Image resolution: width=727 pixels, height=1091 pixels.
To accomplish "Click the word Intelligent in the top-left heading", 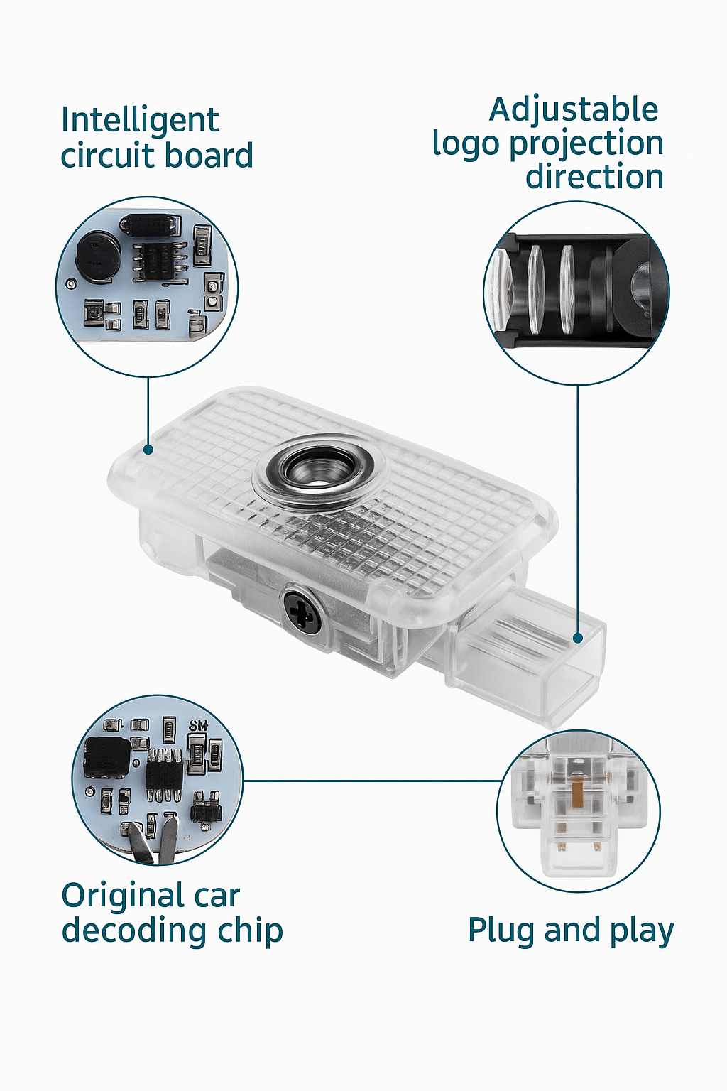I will [x=139, y=120].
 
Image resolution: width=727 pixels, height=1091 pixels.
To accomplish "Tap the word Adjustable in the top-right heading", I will [x=574, y=110].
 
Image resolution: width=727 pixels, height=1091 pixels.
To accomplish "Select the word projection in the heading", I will [x=586, y=143].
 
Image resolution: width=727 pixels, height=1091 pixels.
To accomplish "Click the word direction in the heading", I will [x=594, y=177].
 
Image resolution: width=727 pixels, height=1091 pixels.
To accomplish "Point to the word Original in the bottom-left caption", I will [x=122, y=896].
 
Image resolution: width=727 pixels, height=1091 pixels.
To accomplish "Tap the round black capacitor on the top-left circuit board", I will [x=95, y=255].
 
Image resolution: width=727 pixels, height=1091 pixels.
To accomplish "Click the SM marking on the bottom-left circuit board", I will [x=198, y=725].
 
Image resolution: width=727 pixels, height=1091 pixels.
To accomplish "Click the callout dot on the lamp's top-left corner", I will [x=148, y=449].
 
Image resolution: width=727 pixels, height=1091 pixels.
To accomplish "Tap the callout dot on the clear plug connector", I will [x=578, y=639].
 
